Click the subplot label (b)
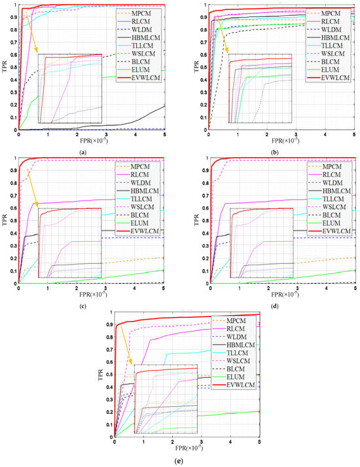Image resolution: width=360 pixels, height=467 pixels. click(270, 151)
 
